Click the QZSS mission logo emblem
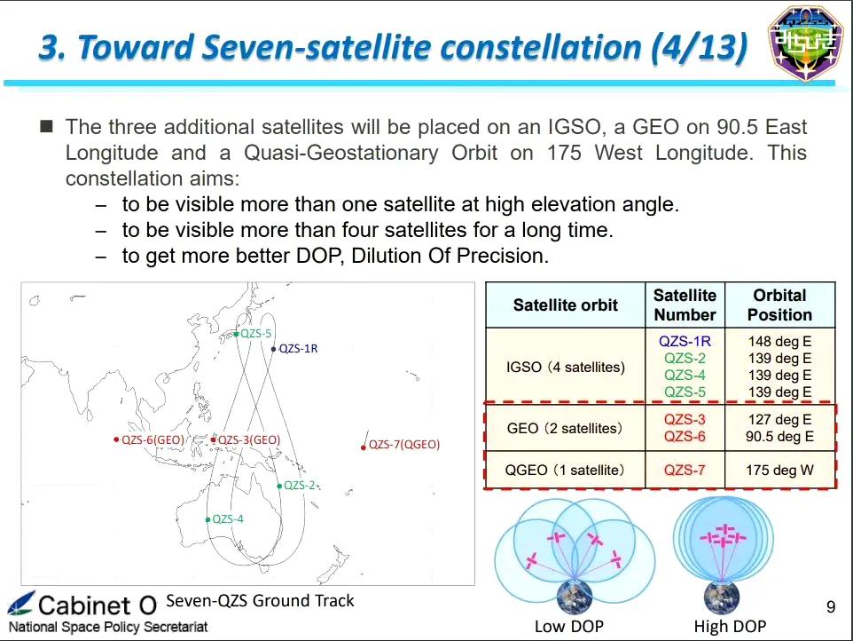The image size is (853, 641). click(806, 43)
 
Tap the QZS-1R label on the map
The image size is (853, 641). click(298, 349)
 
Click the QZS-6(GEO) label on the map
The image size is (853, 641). click(153, 439)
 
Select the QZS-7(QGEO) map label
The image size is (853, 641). click(404, 445)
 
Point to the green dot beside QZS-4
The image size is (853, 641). click(207, 519)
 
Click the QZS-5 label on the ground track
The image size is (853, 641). click(255, 333)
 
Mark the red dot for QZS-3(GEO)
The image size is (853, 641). click(213, 440)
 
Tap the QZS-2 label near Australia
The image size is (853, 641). click(299, 486)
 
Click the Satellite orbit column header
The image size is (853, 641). click(565, 305)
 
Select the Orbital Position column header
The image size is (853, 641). click(779, 305)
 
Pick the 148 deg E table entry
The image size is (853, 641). click(779, 342)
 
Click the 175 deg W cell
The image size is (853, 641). click(779, 470)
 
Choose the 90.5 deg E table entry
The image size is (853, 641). click(779, 436)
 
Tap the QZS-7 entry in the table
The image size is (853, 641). click(685, 470)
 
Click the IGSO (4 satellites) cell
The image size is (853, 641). click(565, 367)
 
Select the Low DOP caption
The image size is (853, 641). click(569, 626)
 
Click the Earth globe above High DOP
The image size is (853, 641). click(722, 597)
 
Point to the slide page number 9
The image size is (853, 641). click(831, 606)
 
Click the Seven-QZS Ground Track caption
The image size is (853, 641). click(260, 601)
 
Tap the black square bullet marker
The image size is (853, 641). click(47, 127)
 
